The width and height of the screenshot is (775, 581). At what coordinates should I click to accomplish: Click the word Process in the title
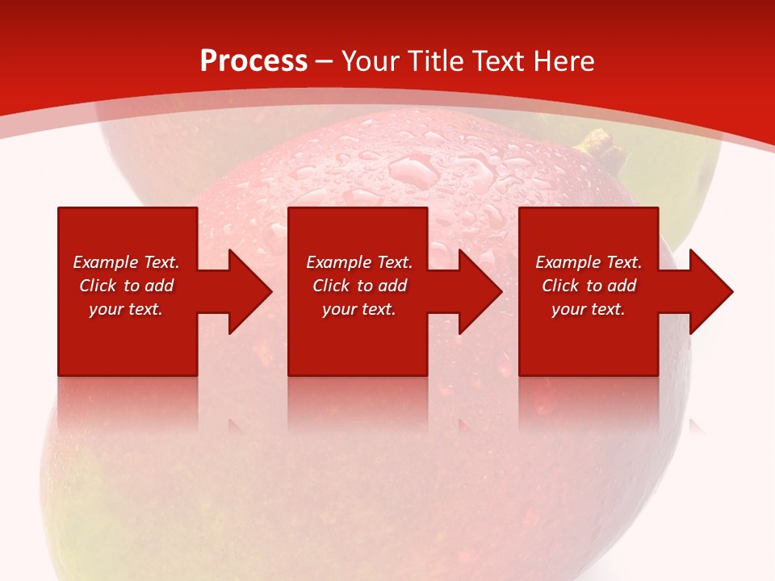[x=253, y=61]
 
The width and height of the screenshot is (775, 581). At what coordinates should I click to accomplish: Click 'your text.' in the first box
[x=126, y=309]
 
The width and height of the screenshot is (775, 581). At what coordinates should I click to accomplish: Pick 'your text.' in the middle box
[x=359, y=309]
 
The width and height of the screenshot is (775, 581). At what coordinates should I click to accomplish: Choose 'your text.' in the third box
[x=589, y=309]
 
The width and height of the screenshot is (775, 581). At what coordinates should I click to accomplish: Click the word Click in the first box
[x=98, y=286]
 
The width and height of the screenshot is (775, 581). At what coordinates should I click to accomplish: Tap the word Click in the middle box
[x=331, y=286]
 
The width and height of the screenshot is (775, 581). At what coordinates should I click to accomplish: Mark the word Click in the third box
[x=560, y=286]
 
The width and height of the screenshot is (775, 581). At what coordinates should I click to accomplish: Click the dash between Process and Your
[x=325, y=62]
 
